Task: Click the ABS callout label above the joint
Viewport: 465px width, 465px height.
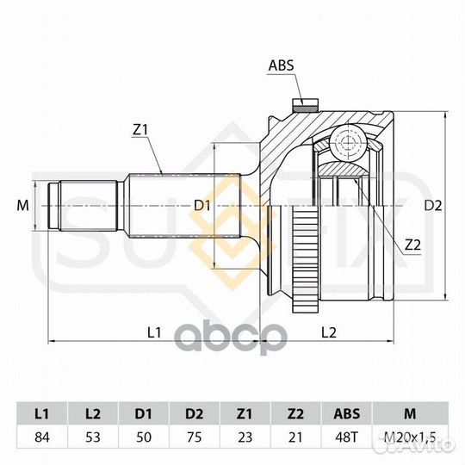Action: [x=281, y=65]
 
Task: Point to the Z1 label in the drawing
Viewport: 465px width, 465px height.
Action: [x=140, y=129]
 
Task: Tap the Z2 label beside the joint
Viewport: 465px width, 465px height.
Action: [x=412, y=245]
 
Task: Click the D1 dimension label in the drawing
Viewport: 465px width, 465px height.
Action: [x=202, y=205]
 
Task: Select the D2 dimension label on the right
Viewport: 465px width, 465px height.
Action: [x=433, y=205]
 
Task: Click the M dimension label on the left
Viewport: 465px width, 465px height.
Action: [x=23, y=205]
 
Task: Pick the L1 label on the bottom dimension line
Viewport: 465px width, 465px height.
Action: [x=154, y=332]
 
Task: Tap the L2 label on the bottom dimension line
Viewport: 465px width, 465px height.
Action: [x=329, y=332]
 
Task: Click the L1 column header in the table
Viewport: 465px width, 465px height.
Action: [x=42, y=413]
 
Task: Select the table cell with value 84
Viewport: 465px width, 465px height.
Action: [x=42, y=437]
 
